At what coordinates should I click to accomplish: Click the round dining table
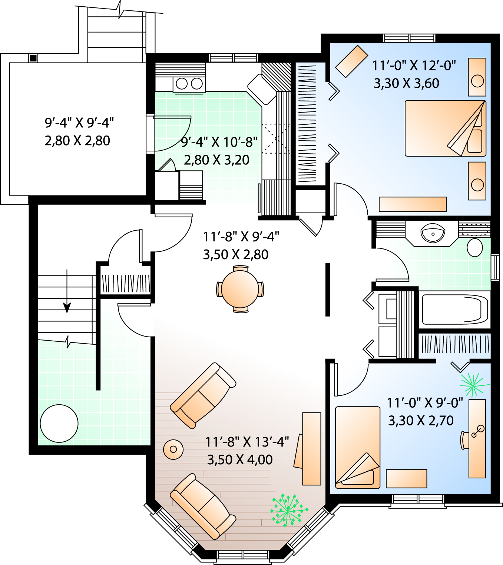[x=240, y=289]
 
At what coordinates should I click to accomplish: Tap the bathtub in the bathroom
[x=455, y=310]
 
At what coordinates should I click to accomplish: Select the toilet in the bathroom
[x=474, y=247]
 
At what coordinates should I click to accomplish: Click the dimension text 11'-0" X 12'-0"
[x=414, y=66]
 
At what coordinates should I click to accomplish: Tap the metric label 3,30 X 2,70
[x=421, y=421]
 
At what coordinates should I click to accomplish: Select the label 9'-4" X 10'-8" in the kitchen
[x=219, y=142]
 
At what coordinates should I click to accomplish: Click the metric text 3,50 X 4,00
[x=239, y=460]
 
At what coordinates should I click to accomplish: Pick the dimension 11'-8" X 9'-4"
[x=241, y=237]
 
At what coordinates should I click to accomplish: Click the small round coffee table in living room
[x=173, y=449]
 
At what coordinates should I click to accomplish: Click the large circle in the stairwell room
[x=59, y=423]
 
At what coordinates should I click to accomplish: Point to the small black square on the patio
[x=33, y=58]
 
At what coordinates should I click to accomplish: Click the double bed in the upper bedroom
[x=446, y=128]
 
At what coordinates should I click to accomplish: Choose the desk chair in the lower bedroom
[x=464, y=440]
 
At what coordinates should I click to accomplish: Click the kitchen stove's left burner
[x=182, y=84]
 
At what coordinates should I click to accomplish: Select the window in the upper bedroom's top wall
[x=409, y=38]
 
